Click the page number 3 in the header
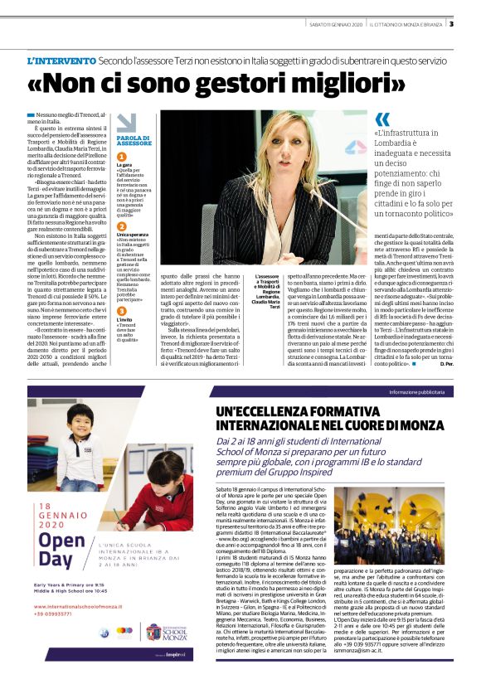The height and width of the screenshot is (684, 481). pos(451,23)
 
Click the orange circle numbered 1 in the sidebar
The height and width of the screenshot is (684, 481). pos(121,157)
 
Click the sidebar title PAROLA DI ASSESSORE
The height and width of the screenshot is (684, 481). pos(134,140)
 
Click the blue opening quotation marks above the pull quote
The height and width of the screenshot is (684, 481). pos(382,120)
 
